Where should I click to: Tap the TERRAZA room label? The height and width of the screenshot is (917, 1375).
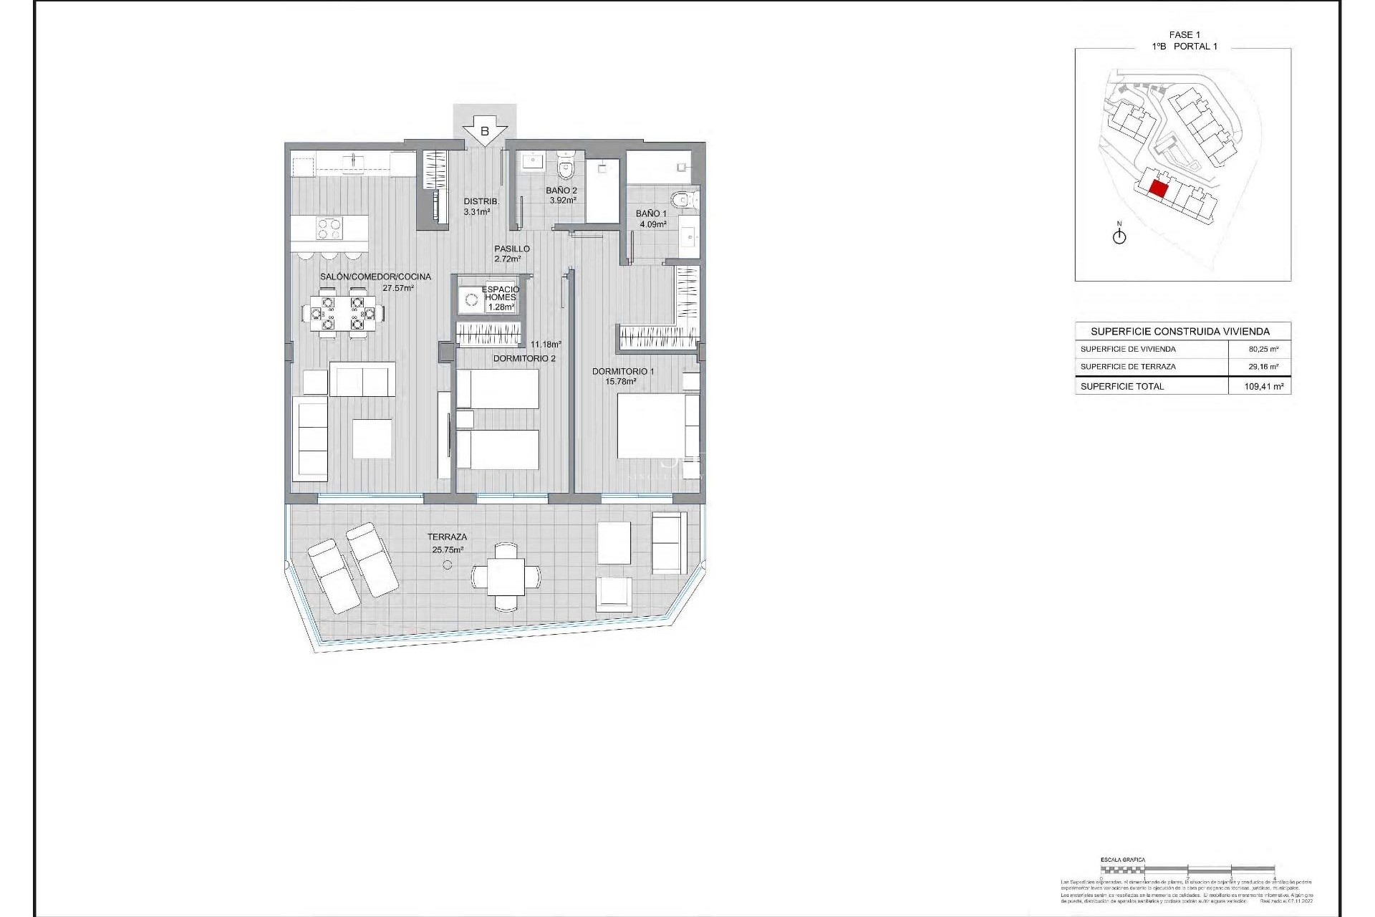(x=447, y=537)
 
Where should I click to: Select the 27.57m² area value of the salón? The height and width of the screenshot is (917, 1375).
(x=398, y=288)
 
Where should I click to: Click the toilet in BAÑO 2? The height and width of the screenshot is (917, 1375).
(x=566, y=169)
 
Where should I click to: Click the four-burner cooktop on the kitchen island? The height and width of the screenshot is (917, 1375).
(x=329, y=229)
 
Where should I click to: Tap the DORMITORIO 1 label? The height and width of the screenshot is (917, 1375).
(x=622, y=371)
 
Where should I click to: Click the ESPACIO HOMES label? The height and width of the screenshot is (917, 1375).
(x=501, y=294)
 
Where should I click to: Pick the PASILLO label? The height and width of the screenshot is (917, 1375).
(x=511, y=249)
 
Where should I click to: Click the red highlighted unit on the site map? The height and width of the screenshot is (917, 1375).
(x=1158, y=189)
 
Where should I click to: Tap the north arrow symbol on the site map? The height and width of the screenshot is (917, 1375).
(x=1119, y=236)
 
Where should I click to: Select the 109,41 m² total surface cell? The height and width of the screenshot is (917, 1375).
(x=1263, y=386)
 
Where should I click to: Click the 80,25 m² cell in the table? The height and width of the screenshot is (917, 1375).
(x=1263, y=350)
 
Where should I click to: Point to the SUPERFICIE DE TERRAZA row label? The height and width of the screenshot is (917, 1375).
(x=1128, y=367)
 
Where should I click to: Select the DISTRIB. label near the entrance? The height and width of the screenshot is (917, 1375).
(x=481, y=201)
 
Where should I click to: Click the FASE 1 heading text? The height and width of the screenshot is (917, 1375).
(x=1184, y=34)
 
